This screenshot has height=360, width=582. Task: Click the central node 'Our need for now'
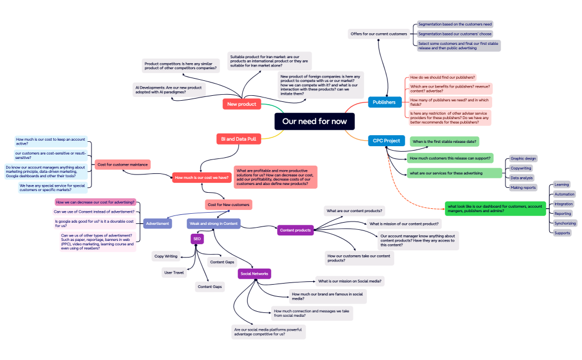314,121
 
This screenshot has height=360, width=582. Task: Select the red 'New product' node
242,104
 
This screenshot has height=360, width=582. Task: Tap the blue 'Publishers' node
384,102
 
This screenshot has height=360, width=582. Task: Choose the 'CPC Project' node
386,141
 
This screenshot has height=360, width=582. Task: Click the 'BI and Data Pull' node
238,139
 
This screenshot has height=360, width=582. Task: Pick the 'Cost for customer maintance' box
122,164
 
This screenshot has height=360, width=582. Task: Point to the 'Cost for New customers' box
228,205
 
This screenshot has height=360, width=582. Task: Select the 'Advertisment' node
157,223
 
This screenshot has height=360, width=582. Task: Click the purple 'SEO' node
197,239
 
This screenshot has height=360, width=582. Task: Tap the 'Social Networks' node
254,274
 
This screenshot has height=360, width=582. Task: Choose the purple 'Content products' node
295,230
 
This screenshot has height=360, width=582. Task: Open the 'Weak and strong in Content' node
213,223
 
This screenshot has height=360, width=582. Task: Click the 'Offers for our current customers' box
379,34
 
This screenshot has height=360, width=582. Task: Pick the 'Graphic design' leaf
523,158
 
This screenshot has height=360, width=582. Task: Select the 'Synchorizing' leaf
565,223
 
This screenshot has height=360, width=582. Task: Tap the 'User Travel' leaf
174,272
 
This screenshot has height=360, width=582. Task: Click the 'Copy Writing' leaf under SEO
166,256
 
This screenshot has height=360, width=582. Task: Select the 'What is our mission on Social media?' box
350,281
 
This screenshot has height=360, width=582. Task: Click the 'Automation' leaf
564,194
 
